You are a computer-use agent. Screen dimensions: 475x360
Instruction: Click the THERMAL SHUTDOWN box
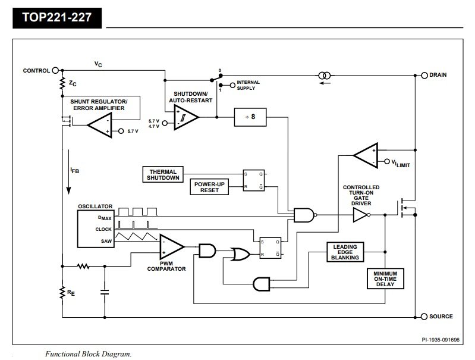[163, 174]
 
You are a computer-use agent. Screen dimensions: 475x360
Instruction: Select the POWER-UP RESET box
[209, 187]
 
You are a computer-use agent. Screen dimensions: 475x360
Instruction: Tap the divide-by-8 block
[250, 117]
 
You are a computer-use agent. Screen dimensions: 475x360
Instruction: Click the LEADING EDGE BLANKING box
[345, 252]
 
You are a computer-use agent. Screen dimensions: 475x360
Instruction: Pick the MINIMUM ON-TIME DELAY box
[385, 278]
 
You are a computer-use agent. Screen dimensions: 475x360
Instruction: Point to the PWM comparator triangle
[172, 247]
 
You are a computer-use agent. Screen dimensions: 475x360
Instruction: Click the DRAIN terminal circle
[424, 75]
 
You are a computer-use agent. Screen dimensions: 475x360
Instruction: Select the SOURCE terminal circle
[424, 317]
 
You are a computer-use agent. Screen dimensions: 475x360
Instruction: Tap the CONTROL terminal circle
[55, 70]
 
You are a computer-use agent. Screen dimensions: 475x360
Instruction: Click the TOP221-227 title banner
[57, 18]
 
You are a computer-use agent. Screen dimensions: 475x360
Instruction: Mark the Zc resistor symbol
[62, 83]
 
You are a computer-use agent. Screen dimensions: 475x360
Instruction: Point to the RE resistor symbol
[62, 292]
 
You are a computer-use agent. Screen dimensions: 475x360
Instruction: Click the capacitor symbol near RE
[105, 292]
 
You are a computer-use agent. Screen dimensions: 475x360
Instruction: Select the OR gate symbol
[240, 254]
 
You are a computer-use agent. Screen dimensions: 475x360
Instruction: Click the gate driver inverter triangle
[361, 215]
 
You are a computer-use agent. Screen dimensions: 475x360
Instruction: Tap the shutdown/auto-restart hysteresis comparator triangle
[186, 117]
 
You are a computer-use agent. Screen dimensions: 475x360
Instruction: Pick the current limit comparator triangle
[366, 155]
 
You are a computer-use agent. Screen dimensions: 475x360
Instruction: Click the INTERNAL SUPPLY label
[248, 85]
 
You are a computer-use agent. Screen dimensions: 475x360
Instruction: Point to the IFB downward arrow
[69, 171]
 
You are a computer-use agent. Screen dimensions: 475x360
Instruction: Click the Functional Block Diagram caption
[88, 354]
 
